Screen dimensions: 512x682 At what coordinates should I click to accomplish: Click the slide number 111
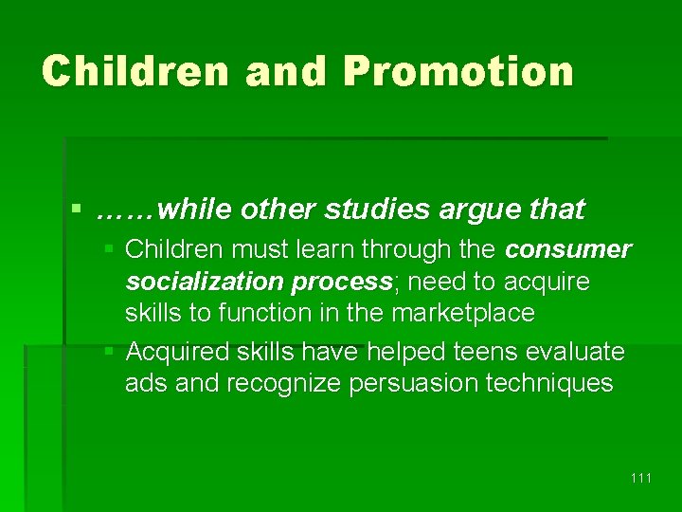point(640,478)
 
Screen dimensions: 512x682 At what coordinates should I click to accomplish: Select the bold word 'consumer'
point(568,250)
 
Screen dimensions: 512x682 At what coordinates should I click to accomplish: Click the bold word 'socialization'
point(206,282)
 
